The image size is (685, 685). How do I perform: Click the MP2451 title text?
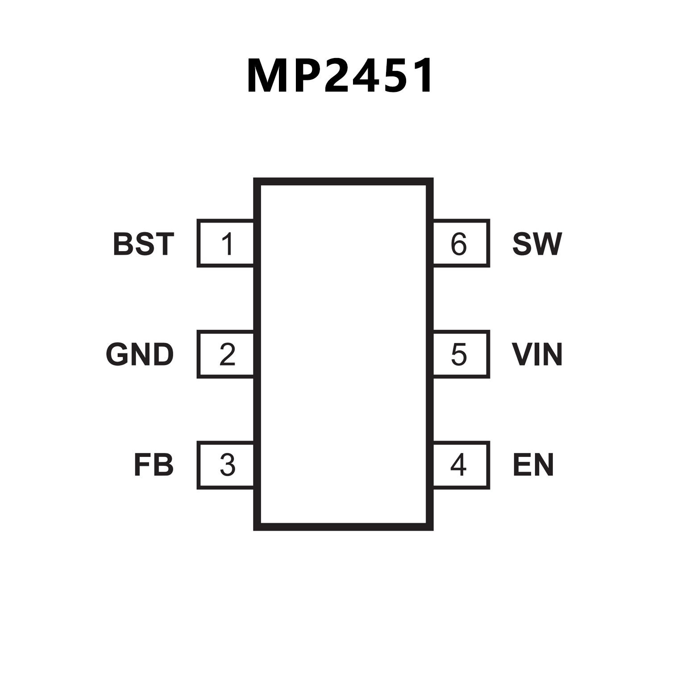340,76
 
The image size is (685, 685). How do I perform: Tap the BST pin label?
143,244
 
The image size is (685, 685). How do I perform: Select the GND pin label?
140,355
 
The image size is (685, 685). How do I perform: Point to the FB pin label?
154,465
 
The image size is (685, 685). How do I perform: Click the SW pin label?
537,244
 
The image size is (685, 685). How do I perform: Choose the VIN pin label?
537,355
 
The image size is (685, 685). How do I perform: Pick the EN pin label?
533,465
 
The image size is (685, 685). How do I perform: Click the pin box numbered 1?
226,244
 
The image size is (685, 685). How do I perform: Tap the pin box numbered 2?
226,354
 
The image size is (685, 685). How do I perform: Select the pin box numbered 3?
226,465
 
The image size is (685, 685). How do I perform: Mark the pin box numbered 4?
461,465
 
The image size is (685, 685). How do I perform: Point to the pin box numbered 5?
461,354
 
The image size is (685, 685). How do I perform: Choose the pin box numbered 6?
461,244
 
